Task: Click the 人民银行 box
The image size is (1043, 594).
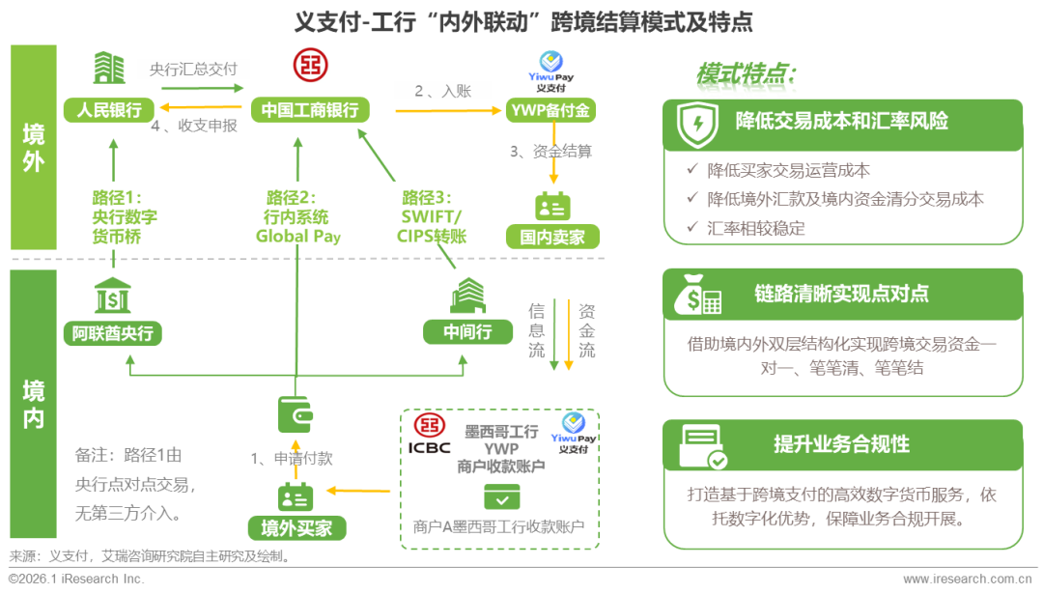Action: pyautogui.click(x=109, y=109)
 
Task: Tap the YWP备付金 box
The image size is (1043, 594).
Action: pyautogui.click(x=551, y=110)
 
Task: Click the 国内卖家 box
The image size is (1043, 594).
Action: pyautogui.click(x=551, y=236)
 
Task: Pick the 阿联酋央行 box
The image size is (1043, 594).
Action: pyautogui.click(x=112, y=333)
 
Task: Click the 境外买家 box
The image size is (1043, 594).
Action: pyautogui.click(x=296, y=527)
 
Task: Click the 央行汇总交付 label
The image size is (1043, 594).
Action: pyautogui.click(x=193, y=70)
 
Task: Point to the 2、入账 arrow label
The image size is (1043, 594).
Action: pyautogui.click(x=442, y=92)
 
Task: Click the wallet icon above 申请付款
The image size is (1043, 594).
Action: pyautogui.click(x=296, y=414)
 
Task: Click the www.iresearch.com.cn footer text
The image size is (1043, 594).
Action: pyautogui.click(x=965, y=580)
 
